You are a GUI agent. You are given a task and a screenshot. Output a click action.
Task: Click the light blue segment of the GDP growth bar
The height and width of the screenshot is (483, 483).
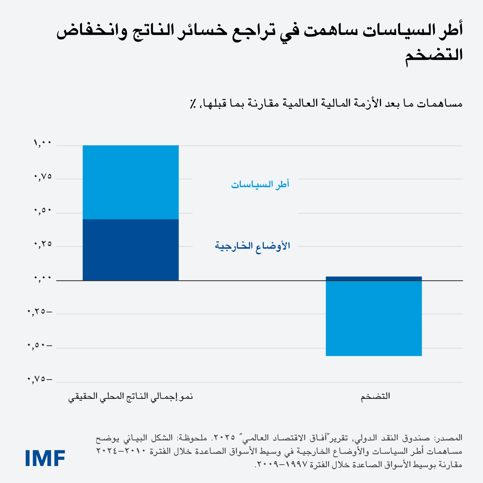point(130,182)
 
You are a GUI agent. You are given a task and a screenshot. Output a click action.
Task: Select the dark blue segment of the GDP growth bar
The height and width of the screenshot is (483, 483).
point(130,250)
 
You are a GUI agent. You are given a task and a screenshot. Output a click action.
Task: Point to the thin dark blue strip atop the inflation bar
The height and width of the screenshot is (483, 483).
point(374,279)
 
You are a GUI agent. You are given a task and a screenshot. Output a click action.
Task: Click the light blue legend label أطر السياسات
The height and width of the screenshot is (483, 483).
point(260,184)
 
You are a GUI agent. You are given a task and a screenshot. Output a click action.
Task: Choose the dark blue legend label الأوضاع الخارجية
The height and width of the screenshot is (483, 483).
point(252,246)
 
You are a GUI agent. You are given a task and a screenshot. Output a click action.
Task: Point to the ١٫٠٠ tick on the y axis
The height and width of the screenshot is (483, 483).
point(43,144)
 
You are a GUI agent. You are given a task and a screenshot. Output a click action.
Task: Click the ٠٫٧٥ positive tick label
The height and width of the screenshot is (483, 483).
point(43,177)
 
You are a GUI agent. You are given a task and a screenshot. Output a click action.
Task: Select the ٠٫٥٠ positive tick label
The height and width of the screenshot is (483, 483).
point(43,211)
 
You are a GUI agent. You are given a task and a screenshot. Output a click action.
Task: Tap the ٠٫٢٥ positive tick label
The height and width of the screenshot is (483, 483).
point(43,244)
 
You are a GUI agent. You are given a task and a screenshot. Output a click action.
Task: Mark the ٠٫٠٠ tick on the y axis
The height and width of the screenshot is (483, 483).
point(43,279)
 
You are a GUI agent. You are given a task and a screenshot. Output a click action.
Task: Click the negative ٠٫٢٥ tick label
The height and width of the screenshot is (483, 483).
point(40,312)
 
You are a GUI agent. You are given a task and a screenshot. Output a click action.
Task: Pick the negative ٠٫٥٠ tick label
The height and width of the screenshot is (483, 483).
point(40,346)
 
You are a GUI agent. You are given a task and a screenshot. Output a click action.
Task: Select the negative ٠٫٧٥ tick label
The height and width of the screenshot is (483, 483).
point(40,380)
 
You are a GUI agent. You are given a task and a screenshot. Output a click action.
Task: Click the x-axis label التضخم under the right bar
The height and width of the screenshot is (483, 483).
point(375,396)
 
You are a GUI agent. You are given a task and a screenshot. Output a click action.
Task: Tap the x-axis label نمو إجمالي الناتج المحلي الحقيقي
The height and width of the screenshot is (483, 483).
point(130,396)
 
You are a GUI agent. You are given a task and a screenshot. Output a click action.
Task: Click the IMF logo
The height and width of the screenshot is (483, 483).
point(45,458)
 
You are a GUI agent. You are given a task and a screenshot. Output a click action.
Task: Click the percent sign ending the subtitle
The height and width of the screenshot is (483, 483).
point(193,104)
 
